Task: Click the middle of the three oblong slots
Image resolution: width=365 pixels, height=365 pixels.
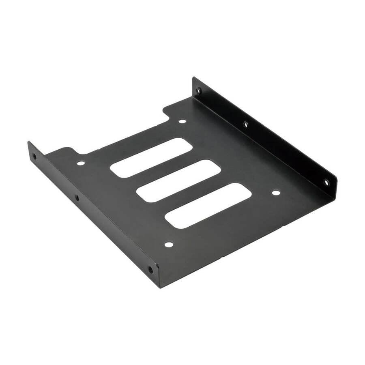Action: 178,181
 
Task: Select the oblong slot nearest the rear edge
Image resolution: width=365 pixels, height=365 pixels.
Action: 151,157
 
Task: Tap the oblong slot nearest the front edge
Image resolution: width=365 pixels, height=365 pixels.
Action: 208,205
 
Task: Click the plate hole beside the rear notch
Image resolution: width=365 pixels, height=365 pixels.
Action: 182,121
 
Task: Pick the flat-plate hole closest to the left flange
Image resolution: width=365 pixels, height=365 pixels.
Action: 81,163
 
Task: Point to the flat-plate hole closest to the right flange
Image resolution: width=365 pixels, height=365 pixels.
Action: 275,193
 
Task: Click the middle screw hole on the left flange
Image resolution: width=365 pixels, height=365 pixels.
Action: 77,198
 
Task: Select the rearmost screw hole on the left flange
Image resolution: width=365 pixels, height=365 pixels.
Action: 34,156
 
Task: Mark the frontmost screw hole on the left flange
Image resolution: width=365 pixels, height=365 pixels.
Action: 150,268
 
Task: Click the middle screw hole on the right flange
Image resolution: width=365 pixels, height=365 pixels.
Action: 245,124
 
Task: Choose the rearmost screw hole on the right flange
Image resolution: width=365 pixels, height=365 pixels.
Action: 198,90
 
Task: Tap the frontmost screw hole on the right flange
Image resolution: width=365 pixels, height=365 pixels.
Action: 326,182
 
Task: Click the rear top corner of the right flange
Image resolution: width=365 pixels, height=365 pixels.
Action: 193,77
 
